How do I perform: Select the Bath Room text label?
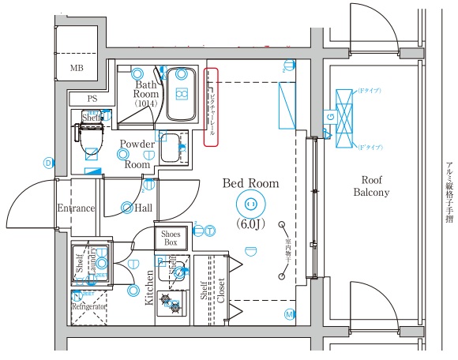[x=147, y=89]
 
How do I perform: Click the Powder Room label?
[x=137, y=154]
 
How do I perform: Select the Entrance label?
[x=76, y=208]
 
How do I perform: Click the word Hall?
[x=143, y=208]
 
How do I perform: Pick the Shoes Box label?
[x=171, y=238]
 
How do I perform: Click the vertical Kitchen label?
[x=148, y=287]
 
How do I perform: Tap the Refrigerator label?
[x=88, y=306]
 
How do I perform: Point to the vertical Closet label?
[x=220, y=289]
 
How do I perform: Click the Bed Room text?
[x=251, y=183]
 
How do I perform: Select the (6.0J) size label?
[x=251, y=224]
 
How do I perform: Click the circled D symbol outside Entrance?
[x=47, y=163]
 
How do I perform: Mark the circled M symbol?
[x=289, y=314]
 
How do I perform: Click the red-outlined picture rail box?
[x=211, y=107]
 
